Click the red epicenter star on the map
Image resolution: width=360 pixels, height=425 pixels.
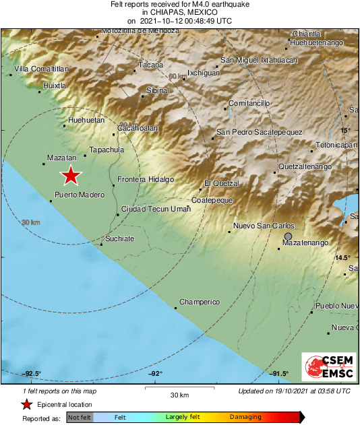pos(71,176)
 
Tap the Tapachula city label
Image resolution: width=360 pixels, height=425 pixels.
pos(107,150)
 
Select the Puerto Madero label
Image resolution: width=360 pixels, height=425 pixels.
pos(80,195)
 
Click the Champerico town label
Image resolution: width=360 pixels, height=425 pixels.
pos(200,302)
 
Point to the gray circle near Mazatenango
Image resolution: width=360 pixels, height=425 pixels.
pos(289,236)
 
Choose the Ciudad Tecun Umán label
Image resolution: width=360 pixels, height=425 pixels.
pos(156,209)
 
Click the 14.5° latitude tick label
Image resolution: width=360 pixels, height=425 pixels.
pos(344,258)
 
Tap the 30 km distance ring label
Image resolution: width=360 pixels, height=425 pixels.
pos(31,222)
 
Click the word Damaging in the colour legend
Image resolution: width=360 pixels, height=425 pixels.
pos(245,418)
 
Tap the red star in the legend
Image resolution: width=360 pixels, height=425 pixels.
pos(26,405)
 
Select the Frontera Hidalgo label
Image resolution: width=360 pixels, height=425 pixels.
pos(146,179)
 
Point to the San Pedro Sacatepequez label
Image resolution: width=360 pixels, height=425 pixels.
pos(259,132)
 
